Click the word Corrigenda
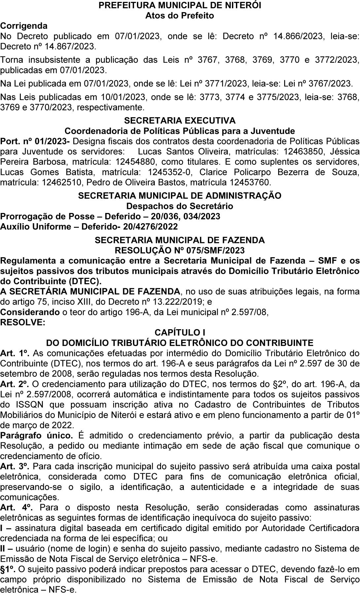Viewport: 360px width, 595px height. [24, 26]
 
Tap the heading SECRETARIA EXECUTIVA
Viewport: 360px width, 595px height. [180, 121]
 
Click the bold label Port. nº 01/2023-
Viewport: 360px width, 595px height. [35, 141]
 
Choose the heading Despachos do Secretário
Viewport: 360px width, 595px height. [180, 206]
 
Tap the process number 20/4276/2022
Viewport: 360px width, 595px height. [150, 227]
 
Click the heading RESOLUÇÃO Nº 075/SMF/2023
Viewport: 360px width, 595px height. [180, 250]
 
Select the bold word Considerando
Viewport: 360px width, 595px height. [30, 312]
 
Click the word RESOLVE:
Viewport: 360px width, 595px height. [22, 322]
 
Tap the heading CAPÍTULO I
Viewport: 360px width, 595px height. [180, 332]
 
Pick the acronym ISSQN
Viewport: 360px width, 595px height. [28, 404]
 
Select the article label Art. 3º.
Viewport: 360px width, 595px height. [15, 466]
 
